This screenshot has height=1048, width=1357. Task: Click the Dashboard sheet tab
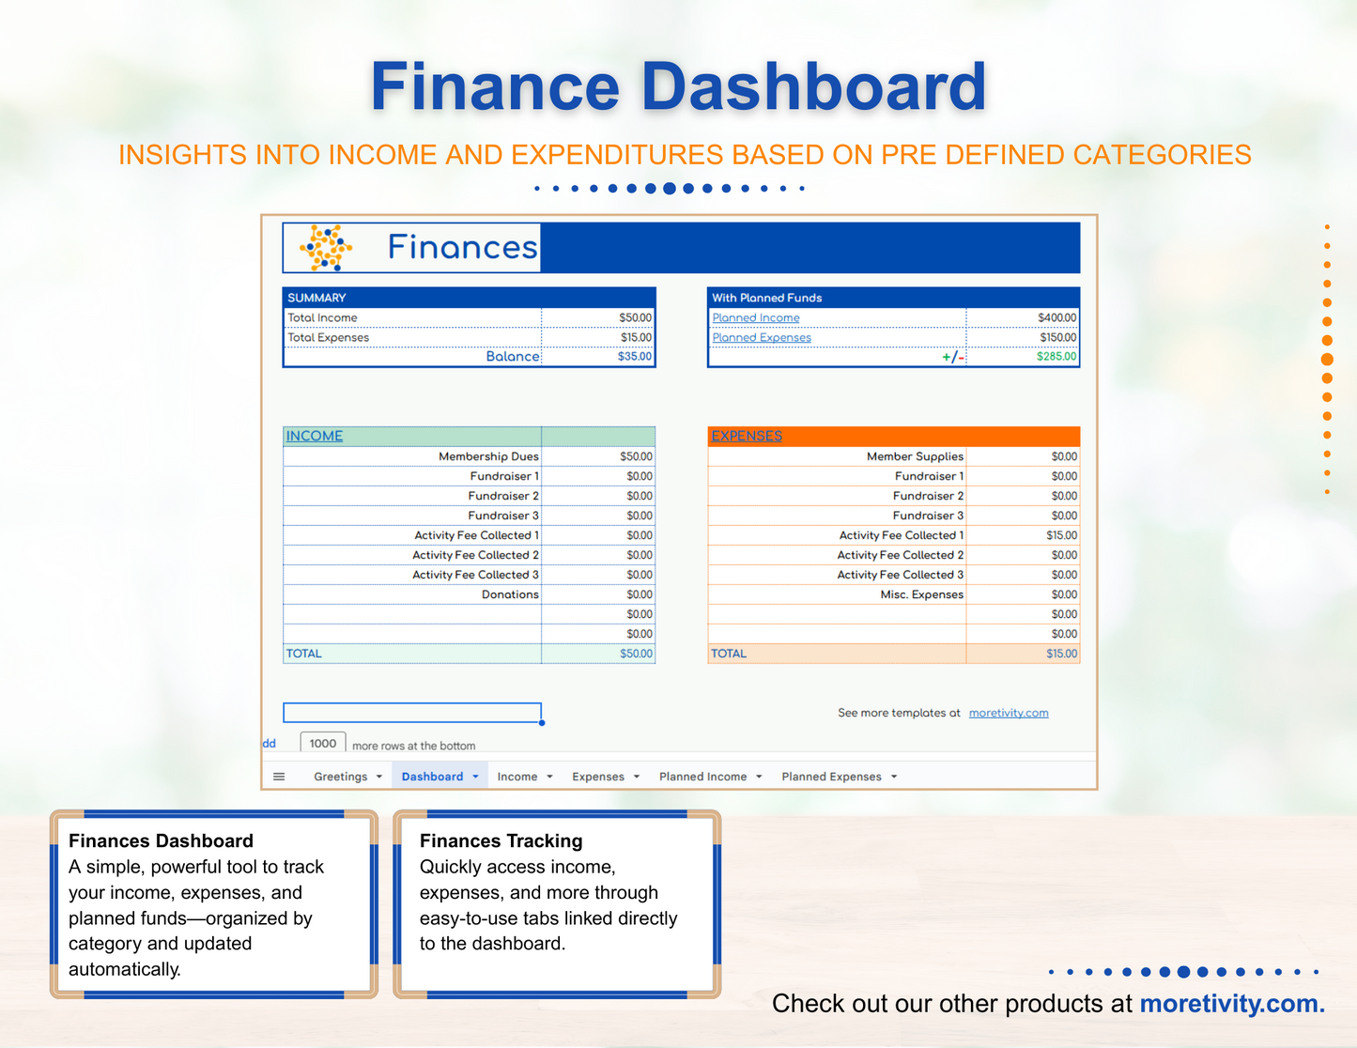pos(432,777)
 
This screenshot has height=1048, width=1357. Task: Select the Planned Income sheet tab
pos(702,777)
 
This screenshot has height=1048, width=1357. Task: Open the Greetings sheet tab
pos(340,777)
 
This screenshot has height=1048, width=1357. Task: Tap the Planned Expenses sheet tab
pos(831,777)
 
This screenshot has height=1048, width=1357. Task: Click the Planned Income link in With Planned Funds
pos(755,318)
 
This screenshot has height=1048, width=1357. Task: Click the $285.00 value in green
pos(1056,357)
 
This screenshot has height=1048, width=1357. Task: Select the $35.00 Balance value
pos(634,357)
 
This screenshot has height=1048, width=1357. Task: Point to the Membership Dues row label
pos(488,456)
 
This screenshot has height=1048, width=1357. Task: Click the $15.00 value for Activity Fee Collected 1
pos(1061,535)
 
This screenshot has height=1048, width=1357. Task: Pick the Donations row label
pos(510,594)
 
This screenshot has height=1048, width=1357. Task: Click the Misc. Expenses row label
pos(921,594)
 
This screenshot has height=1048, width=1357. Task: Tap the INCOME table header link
pos(315,437)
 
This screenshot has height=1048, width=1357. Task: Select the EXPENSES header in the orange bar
pos(747,437)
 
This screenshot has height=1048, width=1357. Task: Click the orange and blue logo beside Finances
pos(326,248)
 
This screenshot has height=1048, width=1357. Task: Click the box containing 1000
pos(322,744)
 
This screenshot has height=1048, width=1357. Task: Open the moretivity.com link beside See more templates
pos(1008,714)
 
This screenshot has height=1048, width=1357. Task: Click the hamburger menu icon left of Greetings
pos(279,777)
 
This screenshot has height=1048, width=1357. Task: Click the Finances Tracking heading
pos(501,841)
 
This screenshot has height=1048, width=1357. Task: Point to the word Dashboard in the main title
pos(813,87)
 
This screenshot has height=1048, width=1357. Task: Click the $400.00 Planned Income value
pos(1056,318)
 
